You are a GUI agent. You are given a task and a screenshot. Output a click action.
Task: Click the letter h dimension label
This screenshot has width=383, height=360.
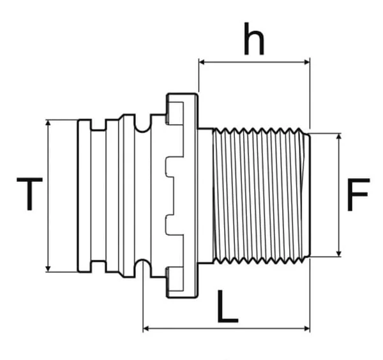pyautogui.click(x=254, y=39)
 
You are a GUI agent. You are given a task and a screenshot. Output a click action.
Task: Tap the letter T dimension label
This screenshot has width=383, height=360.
pyautogui.click(x=29, y=194)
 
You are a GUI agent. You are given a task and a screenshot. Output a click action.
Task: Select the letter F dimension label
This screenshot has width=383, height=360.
pyautogui.click(x=358, y=195)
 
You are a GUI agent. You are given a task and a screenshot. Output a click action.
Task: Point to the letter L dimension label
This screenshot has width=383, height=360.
pyautogui.click(x=227, y=306)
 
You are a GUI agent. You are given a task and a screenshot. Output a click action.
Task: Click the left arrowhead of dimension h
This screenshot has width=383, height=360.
pyautogui.click(x=202, y=63)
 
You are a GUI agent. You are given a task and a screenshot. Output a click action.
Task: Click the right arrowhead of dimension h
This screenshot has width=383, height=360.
pyautogui.click(x=306, y=63)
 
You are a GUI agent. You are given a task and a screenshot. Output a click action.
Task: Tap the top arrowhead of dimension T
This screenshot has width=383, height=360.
pyautogui.click(x=48, y=123)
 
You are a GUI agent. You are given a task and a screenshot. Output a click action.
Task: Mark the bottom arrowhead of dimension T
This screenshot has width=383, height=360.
pyautogui.click(x=48, y=268)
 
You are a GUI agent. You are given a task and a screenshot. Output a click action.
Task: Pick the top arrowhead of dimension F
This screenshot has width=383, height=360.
pyautogui.click(x=338, y=137)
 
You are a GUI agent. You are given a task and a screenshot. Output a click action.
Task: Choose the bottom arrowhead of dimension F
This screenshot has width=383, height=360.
pyautogui.click(x=338, y=253)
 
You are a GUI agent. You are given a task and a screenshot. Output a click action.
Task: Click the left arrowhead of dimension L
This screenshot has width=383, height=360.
pyautogui.click(x=146, y=329)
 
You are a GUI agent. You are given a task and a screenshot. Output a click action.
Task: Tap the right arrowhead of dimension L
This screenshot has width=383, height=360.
pyautogui.click(x=306, y=329)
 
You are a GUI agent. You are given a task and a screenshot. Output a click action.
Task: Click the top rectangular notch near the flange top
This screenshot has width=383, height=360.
pyautogui.click(x=175, y=114)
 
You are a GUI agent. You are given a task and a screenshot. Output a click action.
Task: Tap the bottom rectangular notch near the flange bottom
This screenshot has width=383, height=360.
pyautogui.click(x=175, y=279)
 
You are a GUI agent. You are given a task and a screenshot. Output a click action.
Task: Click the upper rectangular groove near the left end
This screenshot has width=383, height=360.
pyautogui.click(x=98, y=125)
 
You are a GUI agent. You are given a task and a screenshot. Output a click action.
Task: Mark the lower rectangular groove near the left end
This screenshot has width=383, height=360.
pyautogui.click(x=98, y=266)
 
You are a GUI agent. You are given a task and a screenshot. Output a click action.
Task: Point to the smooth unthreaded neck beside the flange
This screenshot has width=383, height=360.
pyautogui.click(x=206, y=195)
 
